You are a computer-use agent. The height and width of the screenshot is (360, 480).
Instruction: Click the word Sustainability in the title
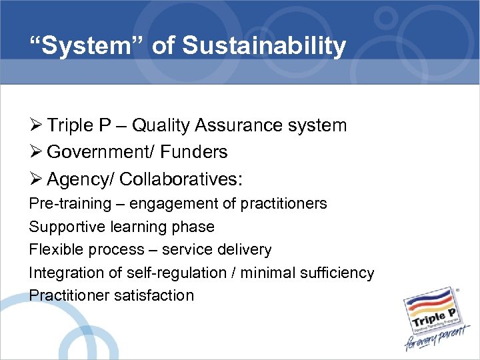(264, 46)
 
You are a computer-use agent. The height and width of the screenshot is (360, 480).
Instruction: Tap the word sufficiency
(337, 273)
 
